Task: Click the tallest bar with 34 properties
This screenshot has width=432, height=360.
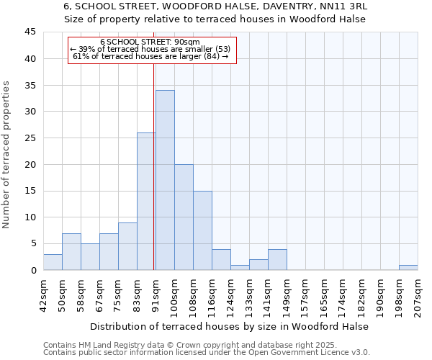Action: coord(165,180)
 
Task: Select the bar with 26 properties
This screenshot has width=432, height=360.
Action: coord(146,202)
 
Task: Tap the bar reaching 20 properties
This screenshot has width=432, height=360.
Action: coord(184,217)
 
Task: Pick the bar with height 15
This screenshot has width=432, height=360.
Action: coord(202,230)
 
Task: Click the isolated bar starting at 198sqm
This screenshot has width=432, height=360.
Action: coord(408,267)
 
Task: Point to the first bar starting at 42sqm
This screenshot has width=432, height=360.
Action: coord(53,262)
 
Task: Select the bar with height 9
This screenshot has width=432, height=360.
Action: coord(127,246)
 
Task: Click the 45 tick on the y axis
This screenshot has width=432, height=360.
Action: coord(30,32)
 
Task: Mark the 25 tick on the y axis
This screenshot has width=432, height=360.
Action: coord(30,138)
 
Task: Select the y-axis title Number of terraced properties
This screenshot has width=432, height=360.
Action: coord(6,155)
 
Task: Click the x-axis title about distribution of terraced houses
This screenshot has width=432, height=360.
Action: coord(230,326)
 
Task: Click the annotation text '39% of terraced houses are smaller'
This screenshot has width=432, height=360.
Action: coord(150,49)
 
